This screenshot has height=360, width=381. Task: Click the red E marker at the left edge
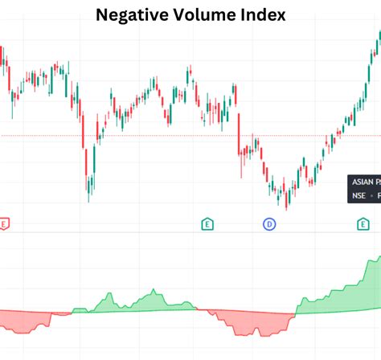pos(4,224)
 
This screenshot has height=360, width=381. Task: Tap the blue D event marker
pos(269,224)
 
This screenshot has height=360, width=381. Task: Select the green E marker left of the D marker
pos(207,224)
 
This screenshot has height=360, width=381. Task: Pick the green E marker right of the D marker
pos(363,224)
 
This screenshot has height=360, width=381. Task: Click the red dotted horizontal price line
pos(161,136)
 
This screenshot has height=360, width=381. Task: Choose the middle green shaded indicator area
pos(129,304)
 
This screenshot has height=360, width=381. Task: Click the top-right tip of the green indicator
pos(379,258)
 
